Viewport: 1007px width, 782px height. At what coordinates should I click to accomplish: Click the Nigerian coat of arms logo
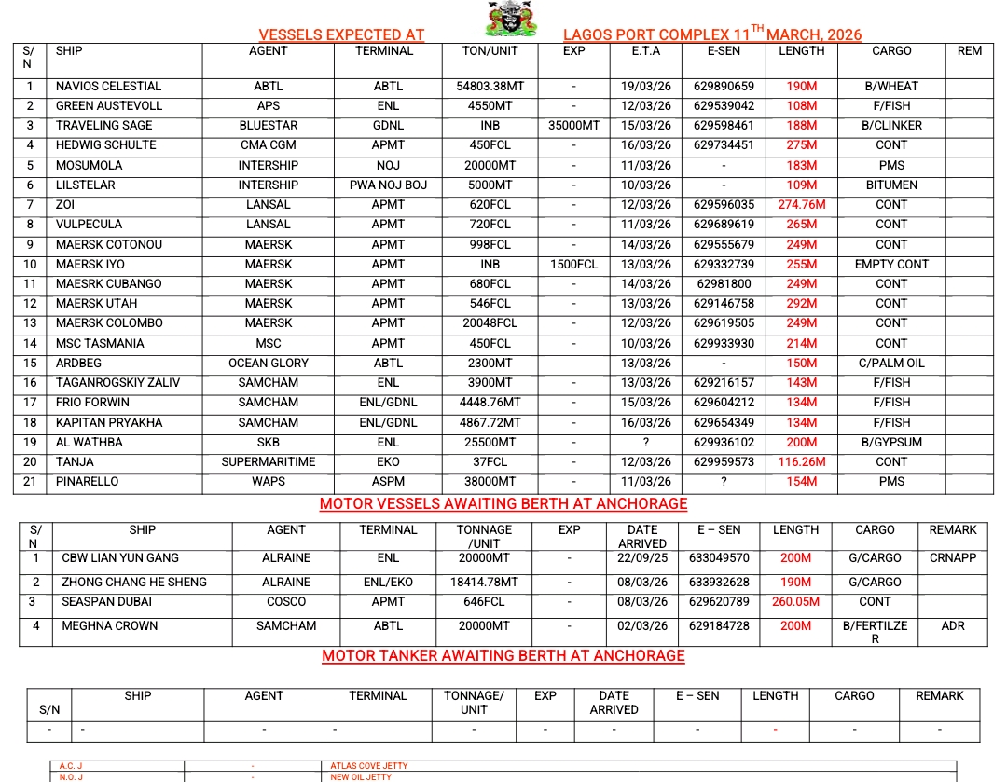(x=501, y=20)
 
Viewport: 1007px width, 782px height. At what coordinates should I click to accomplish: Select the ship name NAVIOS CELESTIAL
(x=108, y=87)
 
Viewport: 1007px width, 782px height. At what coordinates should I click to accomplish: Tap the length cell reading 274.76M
(x=801, y=205)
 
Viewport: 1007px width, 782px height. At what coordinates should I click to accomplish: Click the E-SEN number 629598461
(x=724, y=126)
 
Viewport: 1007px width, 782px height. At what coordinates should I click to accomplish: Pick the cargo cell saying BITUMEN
(x=890, y=185)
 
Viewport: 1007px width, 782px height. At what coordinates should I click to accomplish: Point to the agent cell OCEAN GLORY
(x=268, y=364)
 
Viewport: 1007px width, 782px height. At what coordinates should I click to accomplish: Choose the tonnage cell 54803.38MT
(x=490, y=87)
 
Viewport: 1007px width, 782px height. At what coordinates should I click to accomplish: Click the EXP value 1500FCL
(x=573, y=265)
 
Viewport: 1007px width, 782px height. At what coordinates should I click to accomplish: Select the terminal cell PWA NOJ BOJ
(x=388, y=185)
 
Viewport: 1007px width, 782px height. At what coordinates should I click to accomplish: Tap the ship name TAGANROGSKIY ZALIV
(x=117, y=383)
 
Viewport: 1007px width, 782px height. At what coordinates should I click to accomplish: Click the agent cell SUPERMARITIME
(x=268, y=462)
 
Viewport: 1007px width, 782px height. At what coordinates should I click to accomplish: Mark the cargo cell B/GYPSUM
(x=890, y=443)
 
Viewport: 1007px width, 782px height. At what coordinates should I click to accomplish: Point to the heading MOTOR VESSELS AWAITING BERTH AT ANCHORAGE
(x=504, y=504)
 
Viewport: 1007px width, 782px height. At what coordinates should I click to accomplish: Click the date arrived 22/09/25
(x=642, y=558)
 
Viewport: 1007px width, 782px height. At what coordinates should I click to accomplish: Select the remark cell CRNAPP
(x=952, y=558)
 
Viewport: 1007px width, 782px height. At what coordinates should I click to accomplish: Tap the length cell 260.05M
(x=795, y=602)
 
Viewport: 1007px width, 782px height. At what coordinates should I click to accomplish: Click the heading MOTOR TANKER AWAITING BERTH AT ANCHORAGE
(x=504, y=656)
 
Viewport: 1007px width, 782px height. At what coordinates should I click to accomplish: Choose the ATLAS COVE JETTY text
(x=369, y=766)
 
